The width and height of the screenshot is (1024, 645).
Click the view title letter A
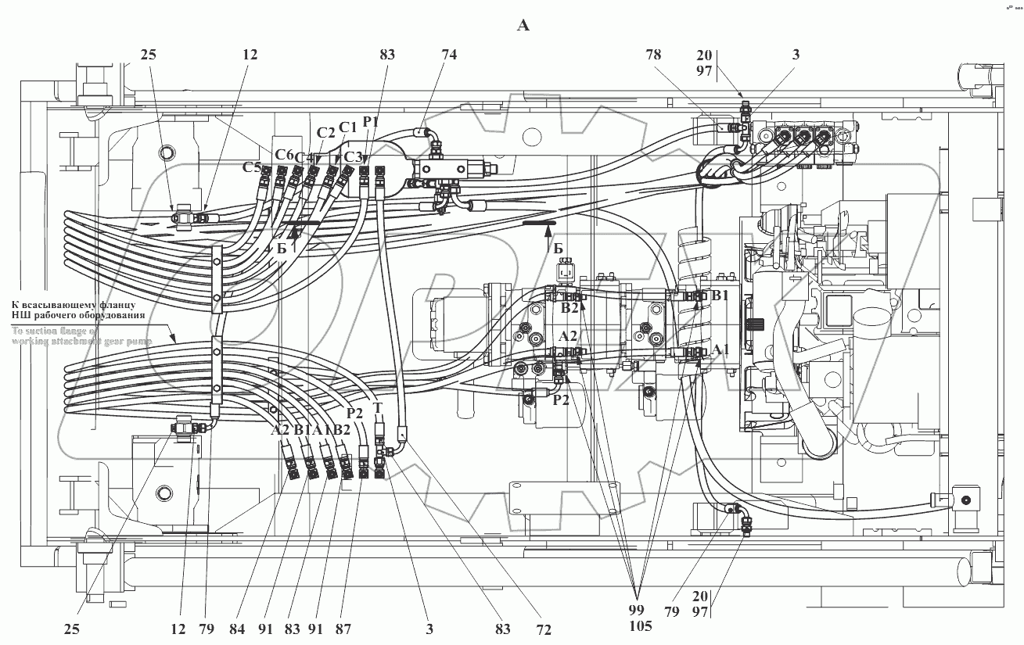point(523,26)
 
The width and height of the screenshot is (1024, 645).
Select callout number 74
point(448,55)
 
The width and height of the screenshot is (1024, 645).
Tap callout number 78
point(653,55)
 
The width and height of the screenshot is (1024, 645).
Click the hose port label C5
point(252,167)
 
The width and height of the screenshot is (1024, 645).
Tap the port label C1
point(347,127)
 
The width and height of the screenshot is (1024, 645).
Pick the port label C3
point(354,156)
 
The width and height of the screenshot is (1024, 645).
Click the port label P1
point(370,121)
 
